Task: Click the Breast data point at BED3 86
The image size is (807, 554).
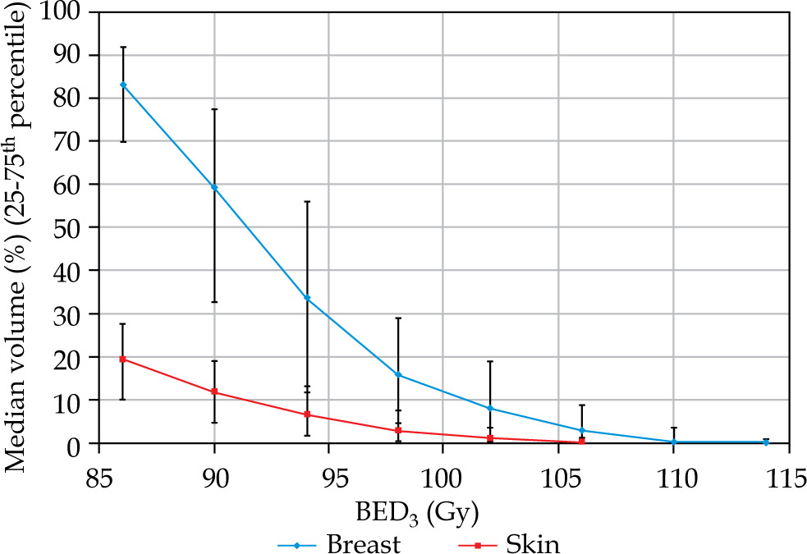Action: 123,85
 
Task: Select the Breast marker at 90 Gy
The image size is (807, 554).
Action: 214,187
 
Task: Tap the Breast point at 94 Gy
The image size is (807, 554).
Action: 307,298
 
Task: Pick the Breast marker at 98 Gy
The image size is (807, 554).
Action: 398,375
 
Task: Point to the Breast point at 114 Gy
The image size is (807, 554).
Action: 766,442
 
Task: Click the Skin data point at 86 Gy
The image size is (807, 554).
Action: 123,359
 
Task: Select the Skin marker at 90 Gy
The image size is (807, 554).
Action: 214,391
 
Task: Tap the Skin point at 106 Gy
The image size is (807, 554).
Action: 582,441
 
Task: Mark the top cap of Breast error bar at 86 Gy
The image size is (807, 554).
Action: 123,47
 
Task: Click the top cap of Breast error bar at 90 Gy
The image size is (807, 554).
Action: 214,109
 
